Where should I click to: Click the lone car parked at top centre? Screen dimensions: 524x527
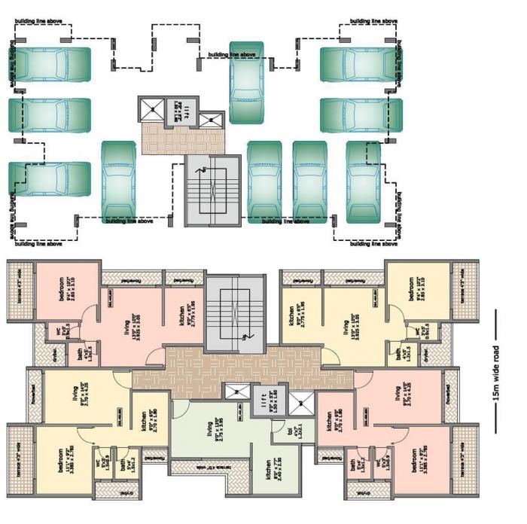pos(248,83)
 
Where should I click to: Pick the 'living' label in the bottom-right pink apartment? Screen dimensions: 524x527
pos(398,395)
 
